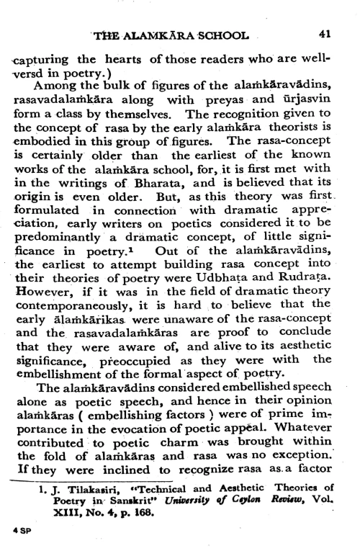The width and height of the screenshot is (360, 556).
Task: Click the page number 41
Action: point(325,35)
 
